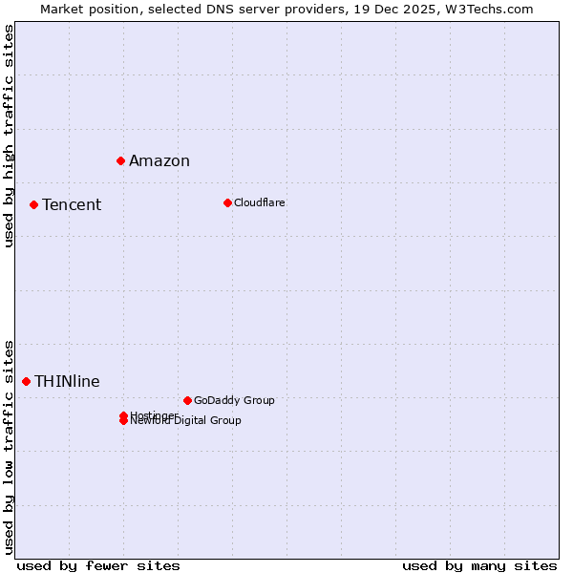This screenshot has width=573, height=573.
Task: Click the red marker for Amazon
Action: [120, 160]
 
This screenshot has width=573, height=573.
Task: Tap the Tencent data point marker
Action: [33, 204]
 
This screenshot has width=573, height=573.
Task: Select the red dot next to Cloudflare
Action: [227, 202]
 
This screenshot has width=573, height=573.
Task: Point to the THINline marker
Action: [26, 381]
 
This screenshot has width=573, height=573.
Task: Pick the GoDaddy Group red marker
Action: [187, 400]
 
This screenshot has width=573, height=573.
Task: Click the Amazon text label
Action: [159, 160]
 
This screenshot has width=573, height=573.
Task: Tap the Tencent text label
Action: [72, 204]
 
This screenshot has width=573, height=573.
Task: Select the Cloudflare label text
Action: [259, 202]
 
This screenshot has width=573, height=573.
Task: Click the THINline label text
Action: [67, 381]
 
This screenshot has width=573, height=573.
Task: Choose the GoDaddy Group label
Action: [234, 400]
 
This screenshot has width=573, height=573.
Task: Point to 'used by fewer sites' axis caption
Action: [98, 565]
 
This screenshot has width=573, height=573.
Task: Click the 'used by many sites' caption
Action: [479, 565]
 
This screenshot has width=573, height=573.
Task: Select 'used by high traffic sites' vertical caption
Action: [10, 136]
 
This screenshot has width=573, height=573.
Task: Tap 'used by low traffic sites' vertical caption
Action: [10, 446]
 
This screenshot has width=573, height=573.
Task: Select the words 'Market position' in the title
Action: [83, 9]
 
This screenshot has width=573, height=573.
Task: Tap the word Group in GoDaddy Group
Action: [259, 400]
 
